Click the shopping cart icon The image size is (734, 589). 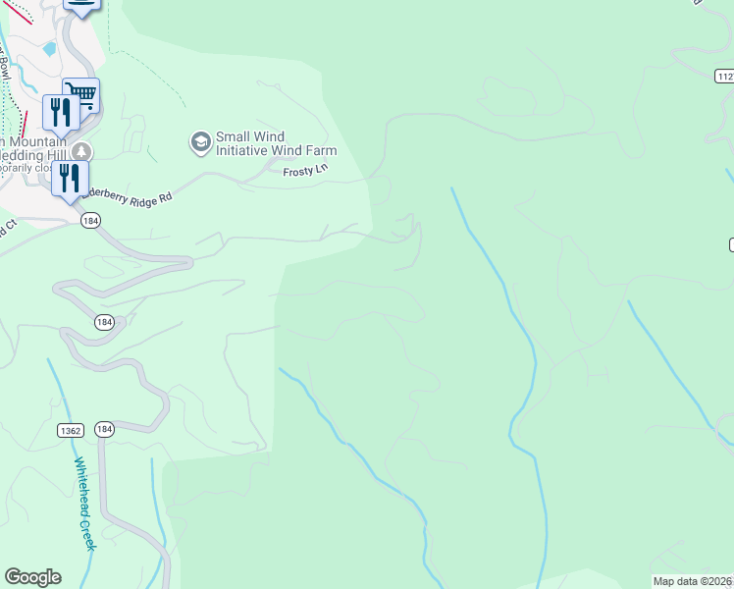tap(82, 95)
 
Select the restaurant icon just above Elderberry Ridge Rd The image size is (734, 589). tap(69, 178)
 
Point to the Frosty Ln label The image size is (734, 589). tap(303, 171)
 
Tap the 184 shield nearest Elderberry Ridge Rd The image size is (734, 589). tap(91, 222)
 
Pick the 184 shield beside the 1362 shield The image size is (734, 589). tap(106, 430)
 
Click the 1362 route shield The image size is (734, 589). tap(70, 430)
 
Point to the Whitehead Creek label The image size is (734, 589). tap(84, 503)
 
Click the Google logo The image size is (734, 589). tap(32, 577)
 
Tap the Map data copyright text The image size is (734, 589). tap(693, 581)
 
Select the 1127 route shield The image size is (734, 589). tap(724, 76)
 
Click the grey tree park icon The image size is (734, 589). tap(81, 151)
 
